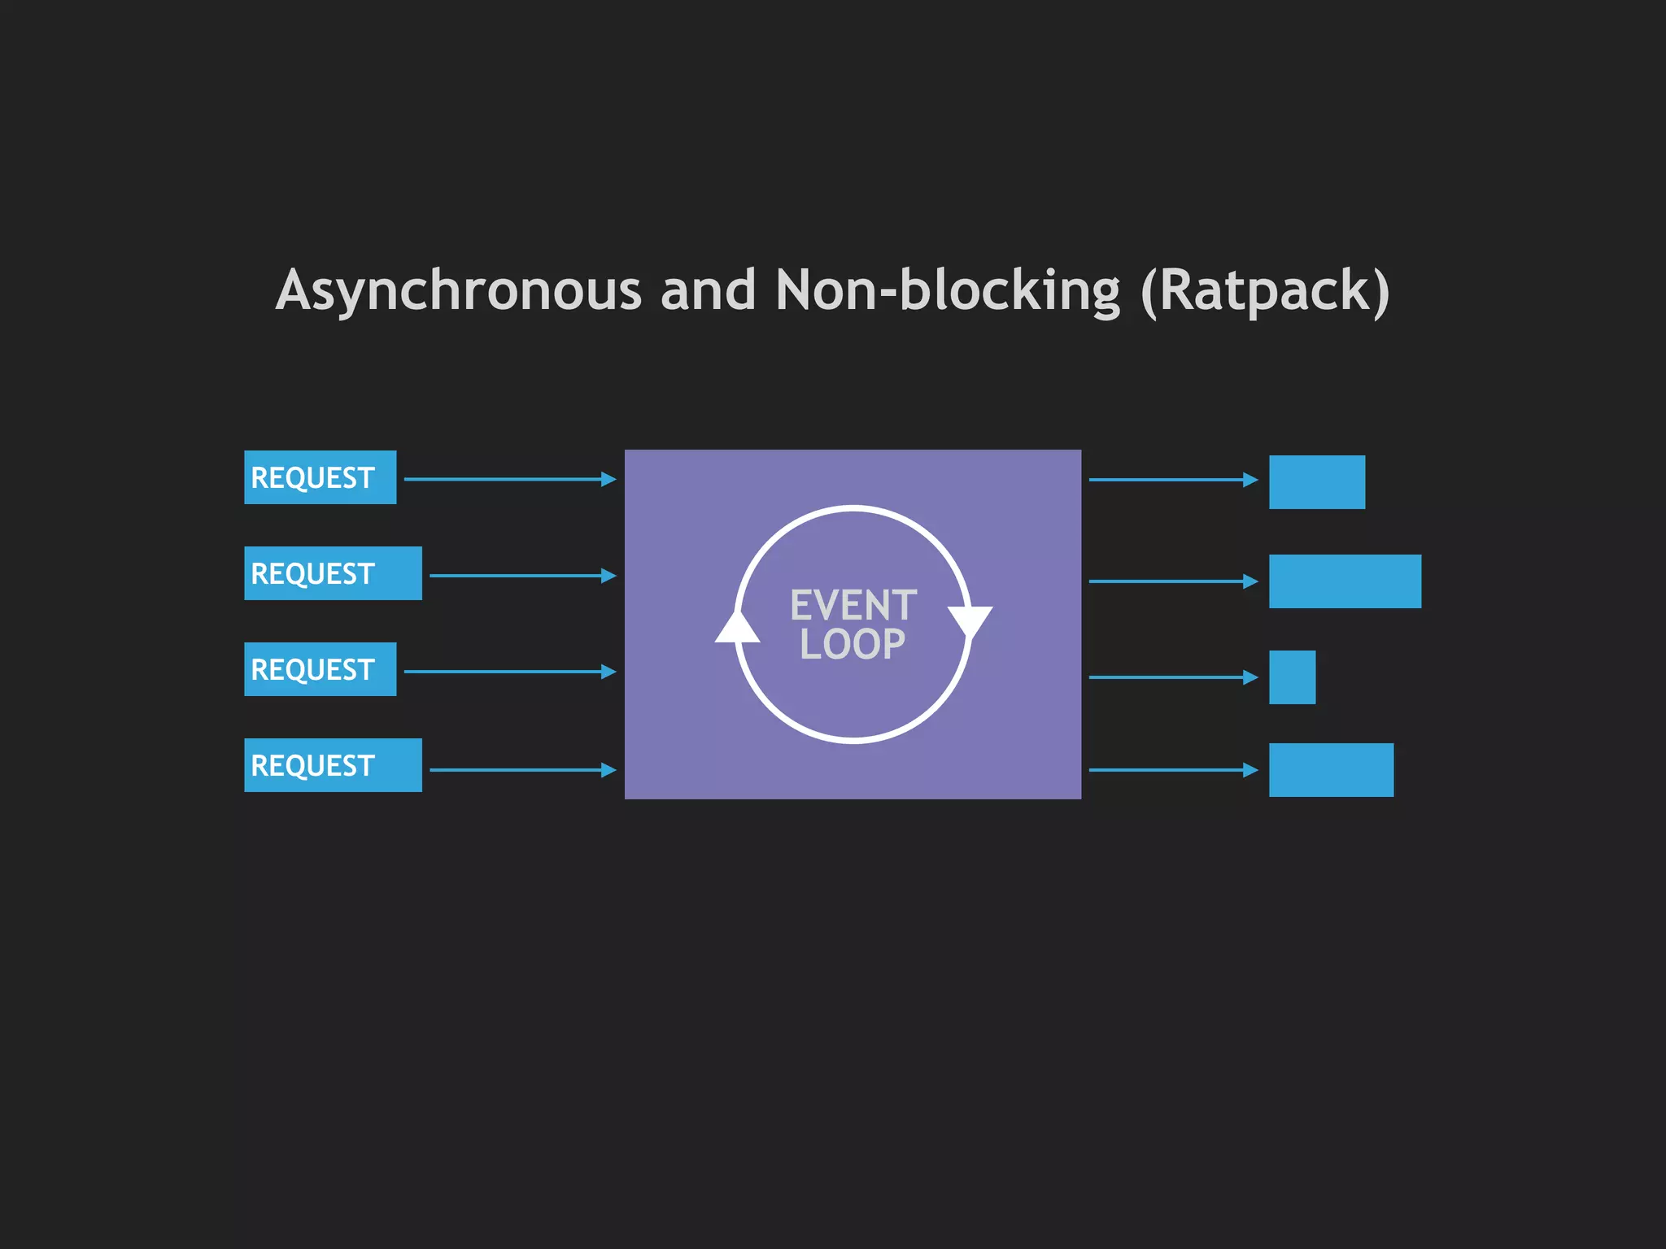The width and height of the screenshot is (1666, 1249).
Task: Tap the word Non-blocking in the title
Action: [948, 290]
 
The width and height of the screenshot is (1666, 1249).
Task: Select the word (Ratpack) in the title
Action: [1265, 290]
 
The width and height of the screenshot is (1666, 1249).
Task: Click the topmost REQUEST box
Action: [320, 477]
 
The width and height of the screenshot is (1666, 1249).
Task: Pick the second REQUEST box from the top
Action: [333, 573]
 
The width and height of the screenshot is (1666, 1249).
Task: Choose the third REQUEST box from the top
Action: [320, 669]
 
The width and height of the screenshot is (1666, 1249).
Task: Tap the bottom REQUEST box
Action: [333, 765]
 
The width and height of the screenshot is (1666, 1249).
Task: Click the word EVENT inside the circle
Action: [853, 606]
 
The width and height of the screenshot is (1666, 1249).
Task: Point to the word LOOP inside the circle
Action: [853, 645]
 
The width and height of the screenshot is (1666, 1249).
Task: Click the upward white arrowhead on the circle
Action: [737, 629]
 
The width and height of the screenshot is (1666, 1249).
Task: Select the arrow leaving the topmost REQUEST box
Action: [510, 480]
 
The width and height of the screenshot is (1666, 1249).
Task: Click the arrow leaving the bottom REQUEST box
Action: [523, 769]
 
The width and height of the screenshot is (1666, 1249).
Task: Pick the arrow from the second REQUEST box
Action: [523, 576]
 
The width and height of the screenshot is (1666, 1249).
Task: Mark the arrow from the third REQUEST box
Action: [510, 672]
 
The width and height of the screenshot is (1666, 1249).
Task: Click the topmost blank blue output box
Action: [1317, 482]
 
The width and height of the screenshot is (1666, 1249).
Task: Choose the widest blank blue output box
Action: [1345, 581]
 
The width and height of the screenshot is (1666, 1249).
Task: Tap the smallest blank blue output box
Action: [1292, 677]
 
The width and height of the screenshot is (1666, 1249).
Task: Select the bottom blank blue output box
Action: [1331, 770]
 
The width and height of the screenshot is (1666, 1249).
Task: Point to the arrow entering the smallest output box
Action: [1173, 677]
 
